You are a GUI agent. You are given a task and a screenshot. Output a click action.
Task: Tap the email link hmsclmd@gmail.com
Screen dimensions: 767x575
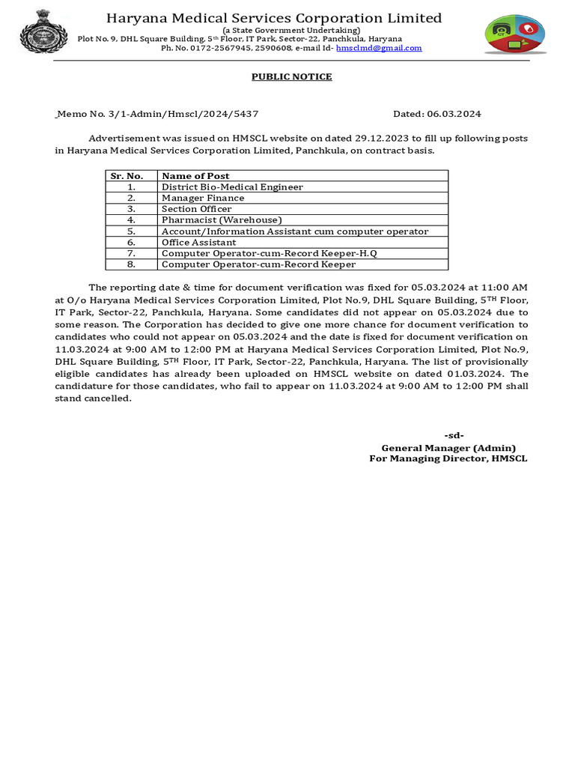pos(379,48)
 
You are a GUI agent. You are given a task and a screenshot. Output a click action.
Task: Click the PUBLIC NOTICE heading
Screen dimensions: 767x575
pos(291,77)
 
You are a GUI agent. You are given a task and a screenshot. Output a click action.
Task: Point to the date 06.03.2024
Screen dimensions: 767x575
pos(454,114)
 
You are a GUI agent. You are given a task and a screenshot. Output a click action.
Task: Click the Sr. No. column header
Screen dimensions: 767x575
pos(127,176)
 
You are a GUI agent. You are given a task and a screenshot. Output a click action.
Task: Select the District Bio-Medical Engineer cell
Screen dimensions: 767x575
pos(232,187)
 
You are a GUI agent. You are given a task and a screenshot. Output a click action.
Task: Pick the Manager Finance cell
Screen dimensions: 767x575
pos(203,198)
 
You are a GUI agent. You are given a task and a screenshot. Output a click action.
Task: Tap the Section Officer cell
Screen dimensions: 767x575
pos(197,209)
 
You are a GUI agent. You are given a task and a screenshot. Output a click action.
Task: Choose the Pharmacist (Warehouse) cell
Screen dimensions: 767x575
pos(222,220)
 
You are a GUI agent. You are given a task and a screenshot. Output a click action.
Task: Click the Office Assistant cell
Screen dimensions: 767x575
pos(198,243)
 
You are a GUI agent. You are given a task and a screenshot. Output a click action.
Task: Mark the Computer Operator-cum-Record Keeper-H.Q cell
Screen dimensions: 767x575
pos(270,254)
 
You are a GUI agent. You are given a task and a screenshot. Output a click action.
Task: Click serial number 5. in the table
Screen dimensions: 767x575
pos(131,231)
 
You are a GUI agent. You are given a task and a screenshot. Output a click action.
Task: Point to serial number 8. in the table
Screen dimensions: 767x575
pos(131,264)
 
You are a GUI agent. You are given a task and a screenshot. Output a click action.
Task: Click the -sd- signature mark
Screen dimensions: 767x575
pos(454,436)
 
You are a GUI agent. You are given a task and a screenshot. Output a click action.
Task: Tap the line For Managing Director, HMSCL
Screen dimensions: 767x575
pos(448,458)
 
